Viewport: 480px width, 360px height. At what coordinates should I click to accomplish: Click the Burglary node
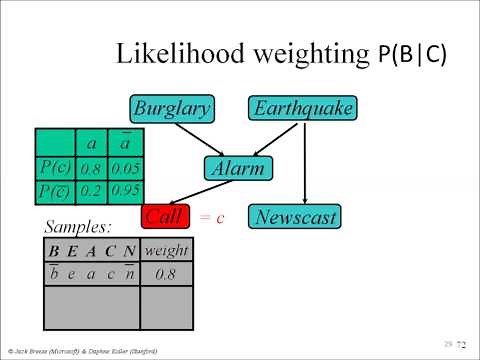[x=170, y=108]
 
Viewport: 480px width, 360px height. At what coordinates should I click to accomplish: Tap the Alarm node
[x=238, y=168]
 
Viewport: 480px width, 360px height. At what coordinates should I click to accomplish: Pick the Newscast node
[x=296, y=216]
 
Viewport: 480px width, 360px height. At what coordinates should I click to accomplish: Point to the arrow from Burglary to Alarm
[x=206, y=139]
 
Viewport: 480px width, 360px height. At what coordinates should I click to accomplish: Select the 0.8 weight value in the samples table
[x=167, y=272]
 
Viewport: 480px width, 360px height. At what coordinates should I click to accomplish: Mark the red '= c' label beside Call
[x=210, y=217]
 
